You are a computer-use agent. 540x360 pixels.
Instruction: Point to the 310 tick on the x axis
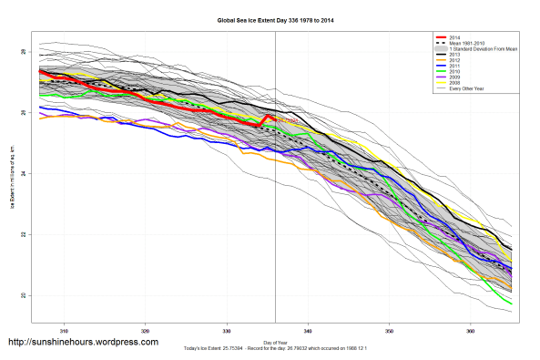(x=64, y=329)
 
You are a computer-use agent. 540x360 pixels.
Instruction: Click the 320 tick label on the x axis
(x=145, y=329)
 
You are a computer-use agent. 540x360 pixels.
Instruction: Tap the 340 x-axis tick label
(x=308, y=329)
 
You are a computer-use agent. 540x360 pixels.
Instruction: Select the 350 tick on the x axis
(x=389, y=329)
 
